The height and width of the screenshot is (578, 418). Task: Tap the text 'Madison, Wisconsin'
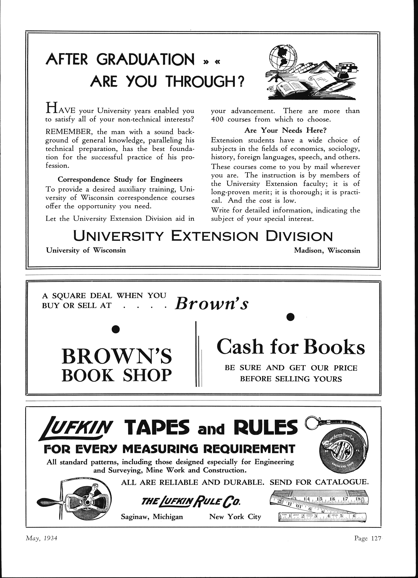[327, 251]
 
